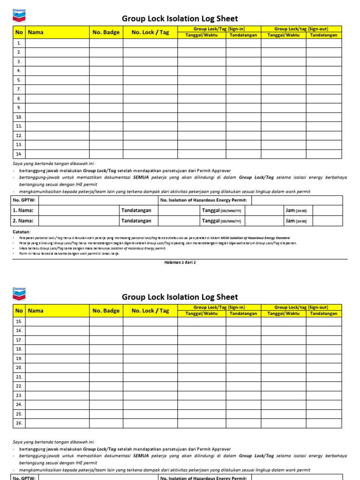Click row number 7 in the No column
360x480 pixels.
tap(19, 89)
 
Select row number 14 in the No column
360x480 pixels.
tap(19, 154)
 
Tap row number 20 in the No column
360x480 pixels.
tap(19, 367)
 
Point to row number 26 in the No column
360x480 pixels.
tap(19, 423)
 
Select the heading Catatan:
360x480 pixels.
tap(22, 232)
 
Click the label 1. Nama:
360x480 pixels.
tap(23, 210)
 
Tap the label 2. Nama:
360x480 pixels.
tap(23, 221)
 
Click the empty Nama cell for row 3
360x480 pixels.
tap(57, 61)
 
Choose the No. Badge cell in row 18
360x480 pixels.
tap(106, 349)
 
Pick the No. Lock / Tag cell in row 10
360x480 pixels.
tap(150, 117)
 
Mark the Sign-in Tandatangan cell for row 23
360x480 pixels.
tap(243, 395)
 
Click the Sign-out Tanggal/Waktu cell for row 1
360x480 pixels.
tap(283, 43)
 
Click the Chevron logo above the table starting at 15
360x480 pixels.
tap(19, 293)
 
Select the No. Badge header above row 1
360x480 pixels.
tap(106, 32)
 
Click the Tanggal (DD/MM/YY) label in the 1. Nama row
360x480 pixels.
tap(221, 210)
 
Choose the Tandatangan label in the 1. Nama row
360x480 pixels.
tap(136, 210)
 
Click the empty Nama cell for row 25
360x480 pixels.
tap(57, 413)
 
